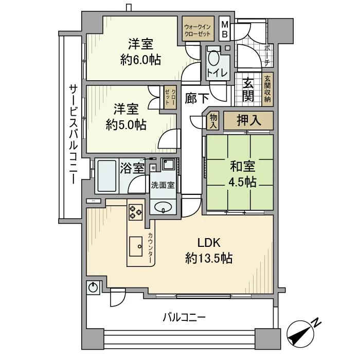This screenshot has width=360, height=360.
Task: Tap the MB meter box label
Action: coord(225,29)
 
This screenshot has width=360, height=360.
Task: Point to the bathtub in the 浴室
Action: coord(107,175)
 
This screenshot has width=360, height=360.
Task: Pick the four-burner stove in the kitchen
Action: coord(136,211)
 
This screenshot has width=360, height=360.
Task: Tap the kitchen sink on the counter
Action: coord(136,246)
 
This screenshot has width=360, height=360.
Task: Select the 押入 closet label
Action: coord(248,121)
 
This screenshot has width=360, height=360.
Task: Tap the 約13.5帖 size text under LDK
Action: coord(208,258)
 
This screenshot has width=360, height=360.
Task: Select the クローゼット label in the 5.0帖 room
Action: coord(168,96)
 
